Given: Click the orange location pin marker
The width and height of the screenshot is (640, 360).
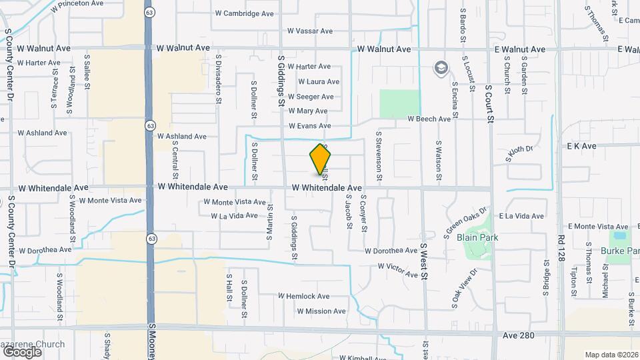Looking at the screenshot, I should point(321,159).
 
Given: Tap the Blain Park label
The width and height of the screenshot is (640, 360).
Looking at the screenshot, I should point(477,237).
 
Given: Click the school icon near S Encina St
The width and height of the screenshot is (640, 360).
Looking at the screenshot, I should point(440,67).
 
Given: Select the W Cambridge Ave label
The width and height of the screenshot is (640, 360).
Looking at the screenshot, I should point(244,13).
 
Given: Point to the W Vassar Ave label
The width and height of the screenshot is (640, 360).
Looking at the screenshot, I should point(309,31).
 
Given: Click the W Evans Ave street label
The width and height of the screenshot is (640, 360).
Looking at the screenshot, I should point(309,126).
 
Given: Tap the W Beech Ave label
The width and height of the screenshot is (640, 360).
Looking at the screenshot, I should point(429,119).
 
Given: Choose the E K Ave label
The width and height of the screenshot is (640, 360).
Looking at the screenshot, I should point(581,145).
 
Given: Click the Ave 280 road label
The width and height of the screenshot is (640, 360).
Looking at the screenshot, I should point(519,335).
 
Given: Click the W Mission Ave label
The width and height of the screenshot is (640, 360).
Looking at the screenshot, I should point(321,311).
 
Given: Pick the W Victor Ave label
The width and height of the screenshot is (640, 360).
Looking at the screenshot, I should point(397,267).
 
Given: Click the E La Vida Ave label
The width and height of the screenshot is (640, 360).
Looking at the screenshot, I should point(522,216).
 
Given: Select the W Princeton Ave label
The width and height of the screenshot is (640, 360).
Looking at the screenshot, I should point(78,3).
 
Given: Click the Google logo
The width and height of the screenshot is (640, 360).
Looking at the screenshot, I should point(22,351).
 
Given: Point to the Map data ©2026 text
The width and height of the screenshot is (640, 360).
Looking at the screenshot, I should point(611,355).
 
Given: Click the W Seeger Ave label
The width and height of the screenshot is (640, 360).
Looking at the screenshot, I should point(311,97).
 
